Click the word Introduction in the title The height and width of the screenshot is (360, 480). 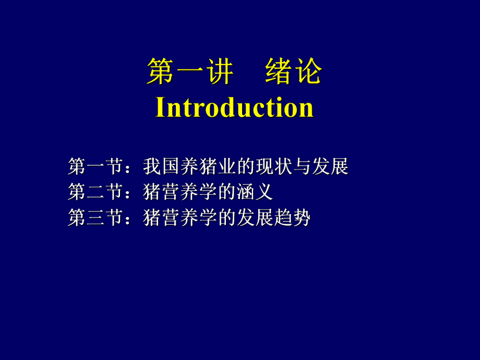234,107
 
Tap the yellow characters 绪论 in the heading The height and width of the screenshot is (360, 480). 294,72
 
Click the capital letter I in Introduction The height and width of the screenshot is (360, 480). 161,107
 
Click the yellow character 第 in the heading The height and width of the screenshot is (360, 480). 160,72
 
